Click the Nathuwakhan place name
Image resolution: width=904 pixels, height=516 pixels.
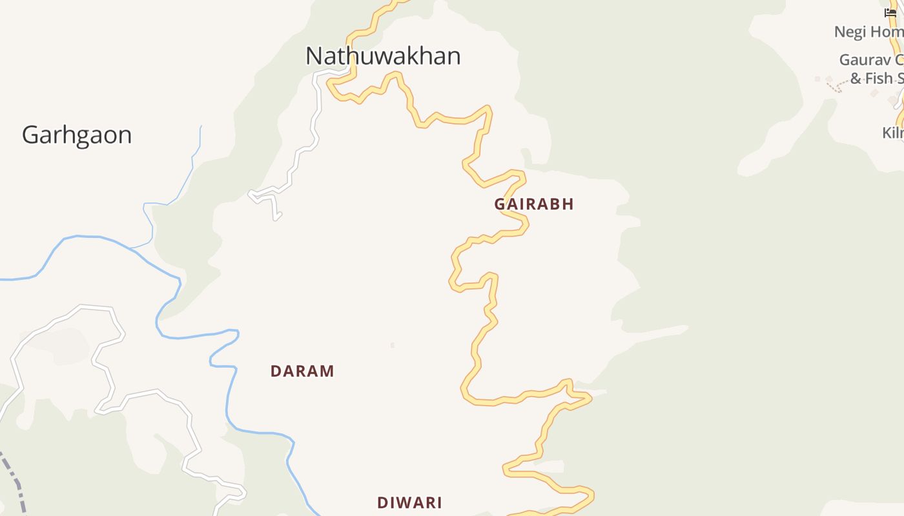(x=383, y=56)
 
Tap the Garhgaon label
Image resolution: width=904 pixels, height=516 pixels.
(x=77, y=135)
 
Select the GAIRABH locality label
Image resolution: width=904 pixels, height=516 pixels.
(x=534, y=204)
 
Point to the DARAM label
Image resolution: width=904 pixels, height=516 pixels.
(x=302, y=372)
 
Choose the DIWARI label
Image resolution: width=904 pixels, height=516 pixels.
(x=409, y=503)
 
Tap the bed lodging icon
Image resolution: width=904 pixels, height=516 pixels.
(x=890, y=12)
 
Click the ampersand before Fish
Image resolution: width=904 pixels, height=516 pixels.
(x=856, y=79)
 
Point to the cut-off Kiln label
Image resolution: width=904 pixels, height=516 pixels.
(x=892, y=133)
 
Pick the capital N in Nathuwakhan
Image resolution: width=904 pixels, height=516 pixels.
(x=313, y=56)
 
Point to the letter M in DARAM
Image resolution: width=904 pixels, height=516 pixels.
(x=327, y=372)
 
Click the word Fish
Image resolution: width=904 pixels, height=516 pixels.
(x=879, y=79)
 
